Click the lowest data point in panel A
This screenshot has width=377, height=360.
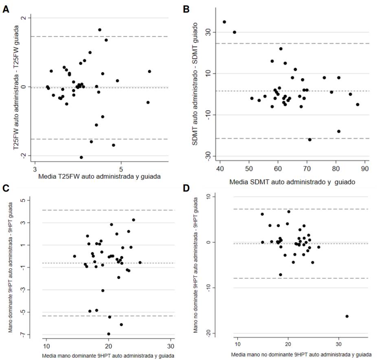[81, 157]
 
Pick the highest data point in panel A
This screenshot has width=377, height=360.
[100, 30]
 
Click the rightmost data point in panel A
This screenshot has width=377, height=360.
[149, 71]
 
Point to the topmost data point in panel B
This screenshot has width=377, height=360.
[224, 22]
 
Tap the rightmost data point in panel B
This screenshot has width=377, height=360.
[357, 105]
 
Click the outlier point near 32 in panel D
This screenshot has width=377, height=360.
[347, 316]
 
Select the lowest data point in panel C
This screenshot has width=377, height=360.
[109, 334]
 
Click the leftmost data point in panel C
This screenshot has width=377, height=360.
[75, 256]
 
